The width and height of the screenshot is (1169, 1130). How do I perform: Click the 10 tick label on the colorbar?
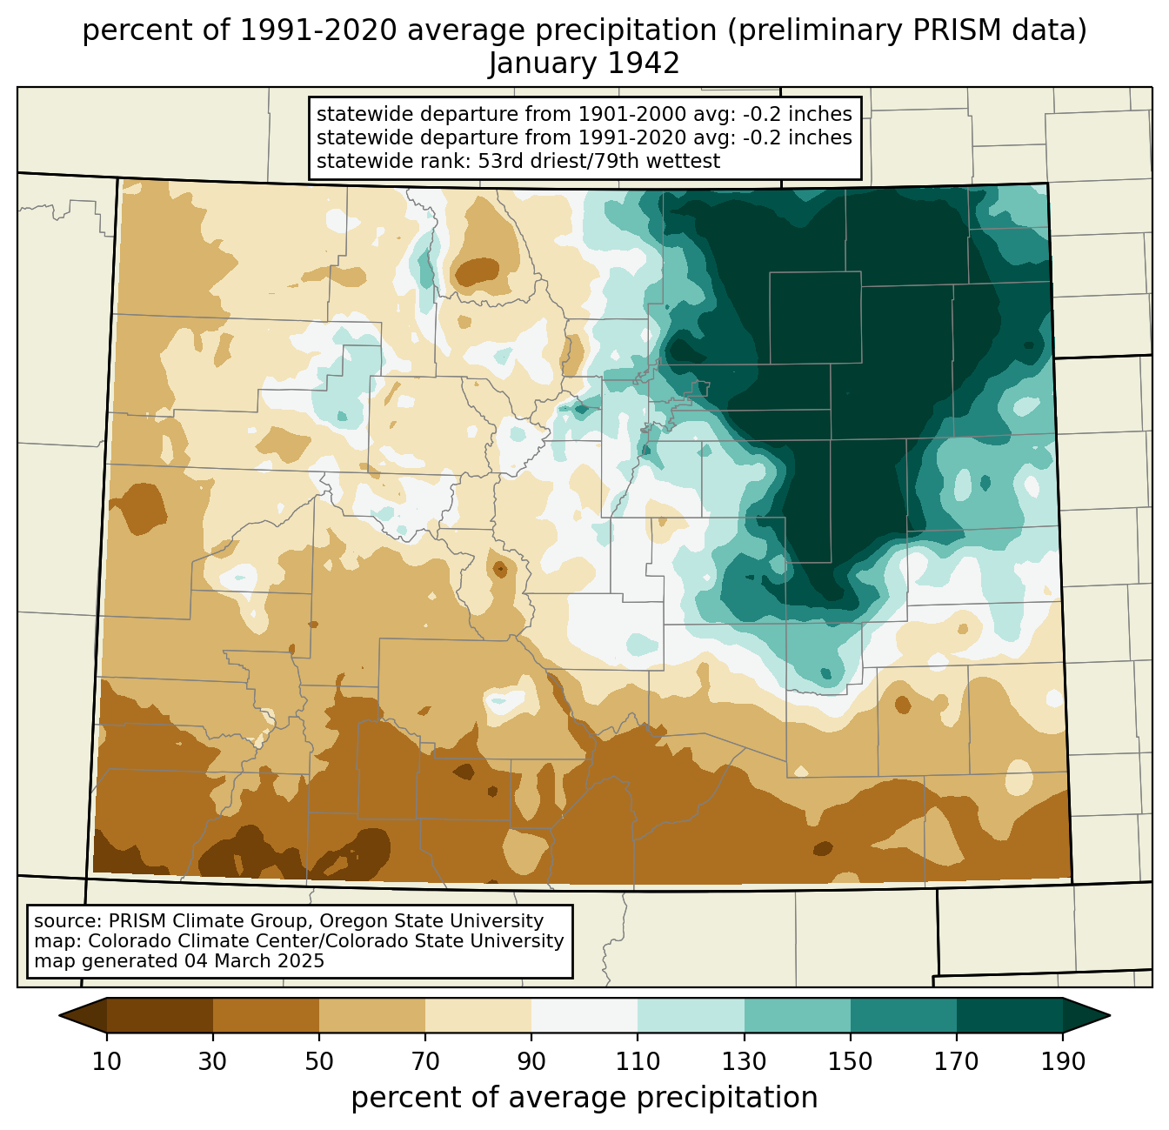click(106, 1061)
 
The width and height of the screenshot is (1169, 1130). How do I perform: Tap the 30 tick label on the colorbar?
click(212, 1061)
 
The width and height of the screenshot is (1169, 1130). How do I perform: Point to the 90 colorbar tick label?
click(531, 1061)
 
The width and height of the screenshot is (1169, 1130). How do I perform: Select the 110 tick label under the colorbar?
click(638, 1061)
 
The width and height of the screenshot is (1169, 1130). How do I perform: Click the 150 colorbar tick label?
click(850, 1061)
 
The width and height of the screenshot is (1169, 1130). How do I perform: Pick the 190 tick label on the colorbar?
click(1063, 1061)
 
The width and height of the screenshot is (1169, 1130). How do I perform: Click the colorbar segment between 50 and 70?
click(372, 1015)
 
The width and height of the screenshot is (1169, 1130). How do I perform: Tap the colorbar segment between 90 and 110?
click(584, 1015)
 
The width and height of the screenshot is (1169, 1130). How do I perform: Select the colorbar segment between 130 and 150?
click(797, 1015)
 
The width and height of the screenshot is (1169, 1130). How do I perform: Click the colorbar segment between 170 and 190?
click(1009, 1015)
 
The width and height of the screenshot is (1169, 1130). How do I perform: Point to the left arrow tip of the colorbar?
click(59, 1015)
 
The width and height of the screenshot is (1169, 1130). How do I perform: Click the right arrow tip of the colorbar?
click(1110, 1015)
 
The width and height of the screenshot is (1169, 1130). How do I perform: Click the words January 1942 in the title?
click(584, 64)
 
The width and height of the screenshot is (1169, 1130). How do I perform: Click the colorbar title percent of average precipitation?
click(584, 1097)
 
